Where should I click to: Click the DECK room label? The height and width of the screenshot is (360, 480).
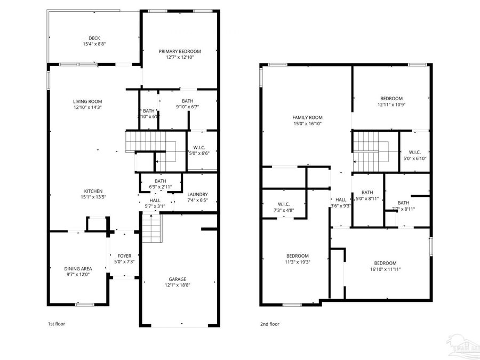coord(94,38)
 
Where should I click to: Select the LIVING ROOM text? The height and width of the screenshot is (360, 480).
coord(87,101)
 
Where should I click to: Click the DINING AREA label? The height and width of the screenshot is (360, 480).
coord(78,268)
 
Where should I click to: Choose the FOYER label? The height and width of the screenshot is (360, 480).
coord(124,256)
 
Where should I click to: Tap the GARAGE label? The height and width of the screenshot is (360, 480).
coord(178,279)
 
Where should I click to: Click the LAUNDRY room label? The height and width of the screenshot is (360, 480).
coord(197,195)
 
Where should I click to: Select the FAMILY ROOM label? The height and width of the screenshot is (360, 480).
coord(308,117)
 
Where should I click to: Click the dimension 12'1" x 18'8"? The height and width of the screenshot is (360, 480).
coord(178,285)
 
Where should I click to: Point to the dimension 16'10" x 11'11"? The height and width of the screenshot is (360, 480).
coord(385,269)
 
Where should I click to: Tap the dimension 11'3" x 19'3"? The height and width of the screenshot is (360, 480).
coord(297,262)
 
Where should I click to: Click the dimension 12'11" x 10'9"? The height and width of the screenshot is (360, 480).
coord(391,105)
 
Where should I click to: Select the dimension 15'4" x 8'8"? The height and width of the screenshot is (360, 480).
coord(94,44)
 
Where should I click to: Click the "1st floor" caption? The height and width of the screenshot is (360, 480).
coord(57,324)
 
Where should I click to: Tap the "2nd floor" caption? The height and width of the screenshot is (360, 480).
coord(270,324)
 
